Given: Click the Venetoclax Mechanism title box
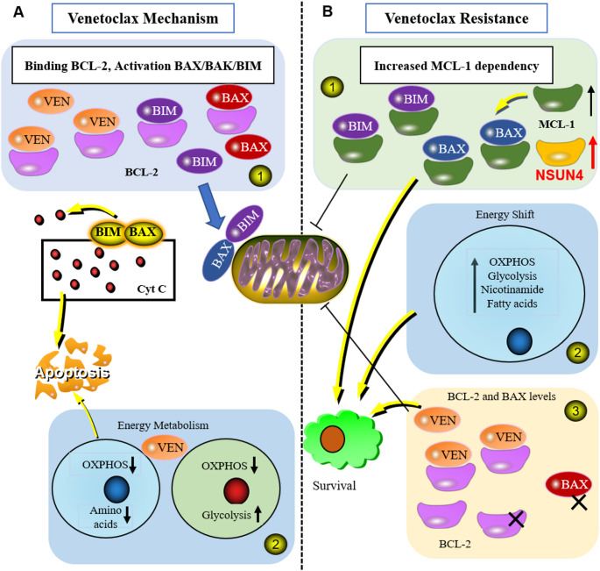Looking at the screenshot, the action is [x=143, y=18].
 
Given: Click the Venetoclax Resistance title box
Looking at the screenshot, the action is [x=456, y=18].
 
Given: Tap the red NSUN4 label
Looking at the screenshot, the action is [x=559, y=175].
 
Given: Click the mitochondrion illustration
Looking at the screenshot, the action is [x=291, y=268].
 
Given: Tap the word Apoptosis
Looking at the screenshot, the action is [x=73, y=373].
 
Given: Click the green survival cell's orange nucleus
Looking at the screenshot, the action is [x=333, y=439].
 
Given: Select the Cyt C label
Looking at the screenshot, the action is [x=152, y=289].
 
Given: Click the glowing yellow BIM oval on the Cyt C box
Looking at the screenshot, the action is [x=109, y=232].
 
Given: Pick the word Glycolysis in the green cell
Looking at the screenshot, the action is [x=226, y=515].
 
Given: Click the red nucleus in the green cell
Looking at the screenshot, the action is [x=236, y=491].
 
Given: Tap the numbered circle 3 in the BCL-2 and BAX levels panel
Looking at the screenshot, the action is [x=575, y=410].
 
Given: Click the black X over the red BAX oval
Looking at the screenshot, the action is [x=579, y=502].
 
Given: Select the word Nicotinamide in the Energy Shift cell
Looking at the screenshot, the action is [x=512, y=289].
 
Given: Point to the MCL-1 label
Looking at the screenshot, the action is [x=556, y=125].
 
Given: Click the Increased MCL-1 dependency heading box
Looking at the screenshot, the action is [x=456, y=66].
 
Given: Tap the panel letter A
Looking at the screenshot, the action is [x=18, y=12].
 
